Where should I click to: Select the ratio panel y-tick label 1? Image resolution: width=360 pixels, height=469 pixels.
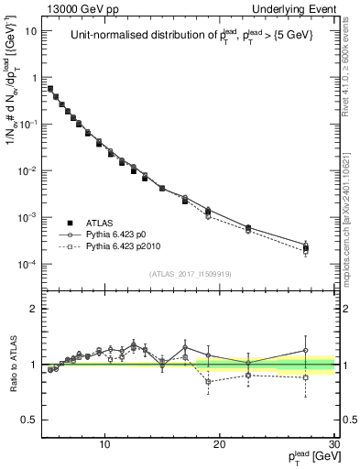point(33,365)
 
